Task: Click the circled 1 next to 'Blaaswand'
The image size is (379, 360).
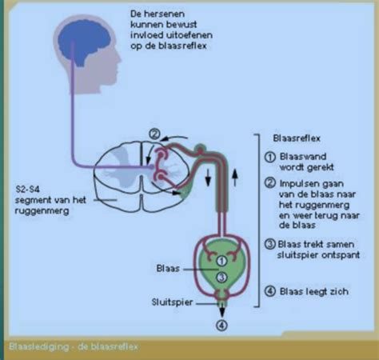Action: tap(271, 158)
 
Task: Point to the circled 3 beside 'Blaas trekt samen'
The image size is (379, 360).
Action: tap(271, 245)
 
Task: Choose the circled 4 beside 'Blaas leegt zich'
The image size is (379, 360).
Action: tap(271, 291)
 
